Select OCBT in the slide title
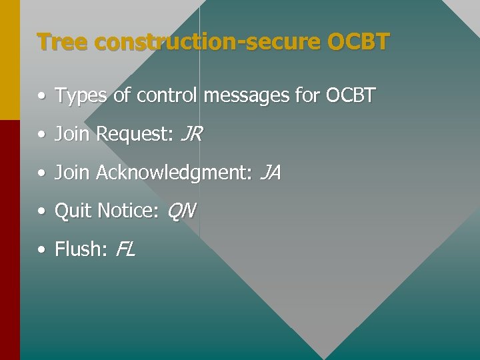pos(358,42)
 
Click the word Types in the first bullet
pos(81,97)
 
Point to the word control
pos(167,96)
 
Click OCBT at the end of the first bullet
pos(351,96)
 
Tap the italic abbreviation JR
pos(191,135)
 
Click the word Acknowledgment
pos(173,173)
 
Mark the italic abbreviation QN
pos(181,211)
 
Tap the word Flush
pos(80,250)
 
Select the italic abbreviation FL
pos(125,250)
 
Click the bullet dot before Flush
pos(42,251)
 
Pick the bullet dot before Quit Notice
pos(42,212)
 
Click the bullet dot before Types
pos(42,97)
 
